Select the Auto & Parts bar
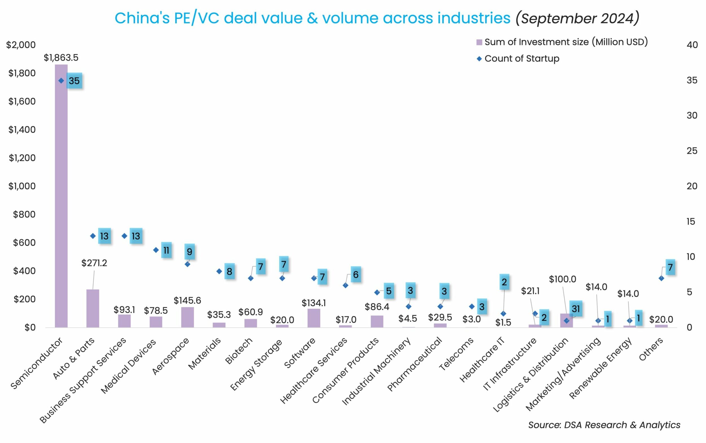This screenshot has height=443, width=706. [93, 308]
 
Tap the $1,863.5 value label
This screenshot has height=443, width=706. [61, 58]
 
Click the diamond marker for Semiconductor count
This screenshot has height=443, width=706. [61, 81]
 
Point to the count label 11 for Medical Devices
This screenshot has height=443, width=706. [166, 250]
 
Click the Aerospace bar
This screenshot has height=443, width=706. [187, 317]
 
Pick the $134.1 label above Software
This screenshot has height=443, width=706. [314, 303]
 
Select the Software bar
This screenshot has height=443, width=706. [314, 318]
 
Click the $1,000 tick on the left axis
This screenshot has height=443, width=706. [22, 186]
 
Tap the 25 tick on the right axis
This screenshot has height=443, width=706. [692, 151]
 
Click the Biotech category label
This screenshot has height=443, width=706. [239, 351]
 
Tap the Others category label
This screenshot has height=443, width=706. [651, 349]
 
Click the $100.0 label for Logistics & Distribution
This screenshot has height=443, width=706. [562, 279]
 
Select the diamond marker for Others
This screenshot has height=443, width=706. [661, 278]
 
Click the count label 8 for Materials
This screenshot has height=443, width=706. [230, 272]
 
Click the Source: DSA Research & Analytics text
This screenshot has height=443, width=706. [604, 425]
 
